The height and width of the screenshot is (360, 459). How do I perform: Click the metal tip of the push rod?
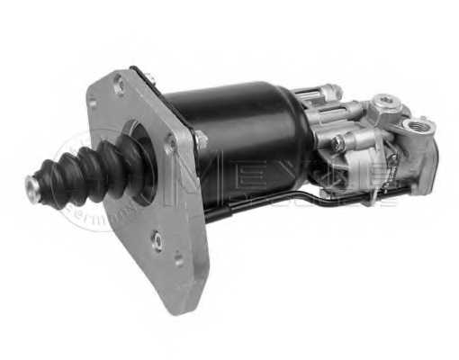point(33,187)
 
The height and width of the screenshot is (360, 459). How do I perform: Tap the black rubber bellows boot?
point(85,175)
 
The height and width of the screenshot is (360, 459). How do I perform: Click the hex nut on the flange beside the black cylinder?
point(201,139)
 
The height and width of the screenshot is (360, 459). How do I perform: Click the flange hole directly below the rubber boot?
point(158,240)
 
